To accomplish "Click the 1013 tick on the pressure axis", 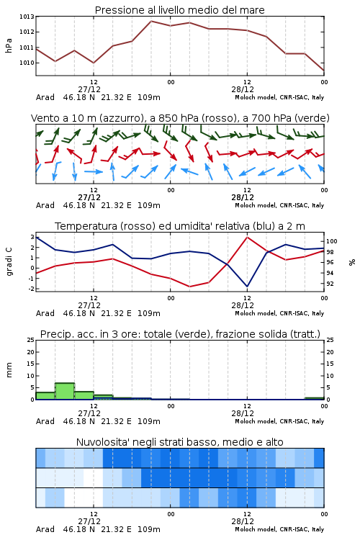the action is point(27,17).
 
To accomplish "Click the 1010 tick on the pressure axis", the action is point(27,63).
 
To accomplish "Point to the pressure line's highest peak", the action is point(151,21).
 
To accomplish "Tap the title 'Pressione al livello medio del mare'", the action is point(180,10).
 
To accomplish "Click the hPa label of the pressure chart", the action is point(9,45).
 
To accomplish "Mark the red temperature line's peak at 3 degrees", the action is point(247,238).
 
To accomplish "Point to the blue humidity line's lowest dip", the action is point(247,286).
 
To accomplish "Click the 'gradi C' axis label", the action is point(9,262).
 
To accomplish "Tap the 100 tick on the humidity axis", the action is point(331,241).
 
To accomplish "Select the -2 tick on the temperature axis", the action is point(32,289).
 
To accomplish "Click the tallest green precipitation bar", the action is point(65,391).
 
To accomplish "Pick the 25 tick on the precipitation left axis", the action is point(31,340).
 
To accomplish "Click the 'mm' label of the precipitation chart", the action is point(9,369).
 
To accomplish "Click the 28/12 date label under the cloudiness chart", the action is point(243,521).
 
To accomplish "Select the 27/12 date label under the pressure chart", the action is point(89,89).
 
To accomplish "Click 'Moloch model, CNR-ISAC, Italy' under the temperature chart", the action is point(279,313).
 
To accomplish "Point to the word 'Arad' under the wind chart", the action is point(45,205).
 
